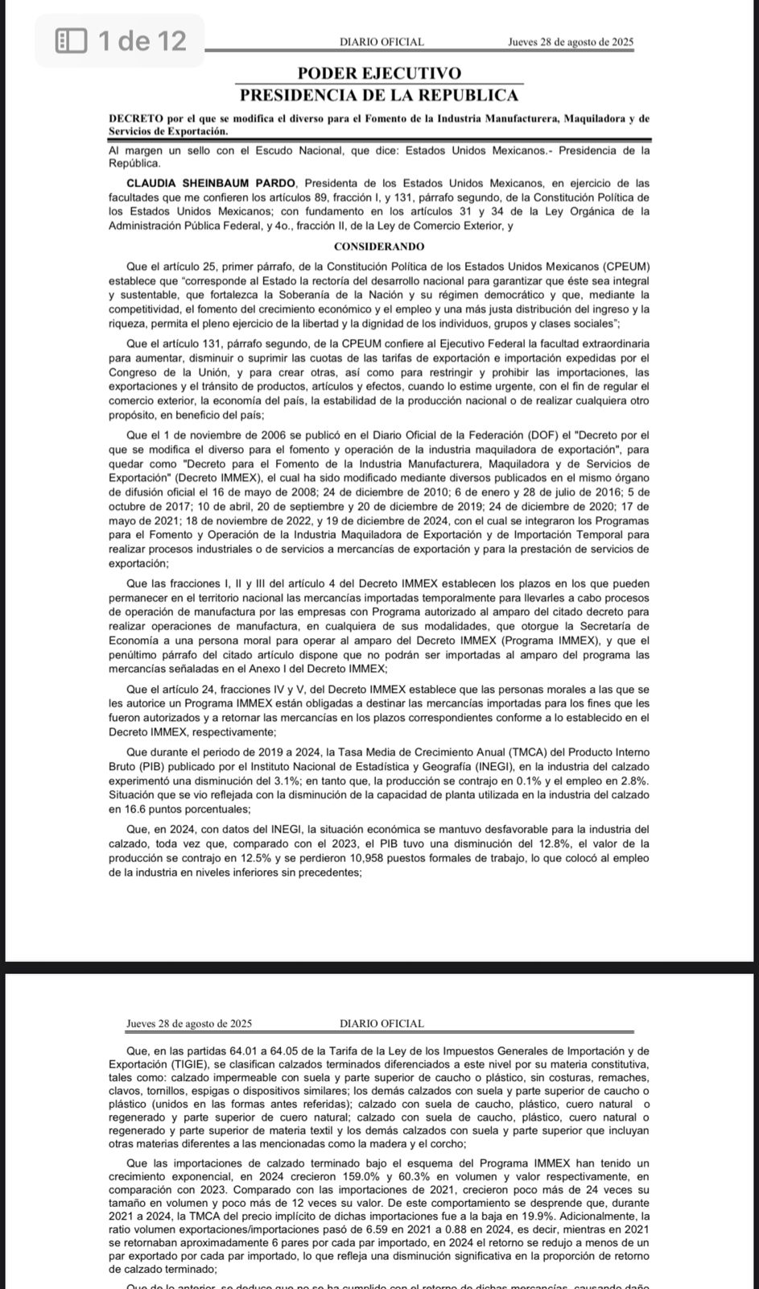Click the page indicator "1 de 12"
click(141, 39)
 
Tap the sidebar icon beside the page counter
click(71, 39)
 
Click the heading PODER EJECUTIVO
click(379, 74)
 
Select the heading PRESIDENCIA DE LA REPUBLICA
click(379, 95)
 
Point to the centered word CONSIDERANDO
click(379, 247)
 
